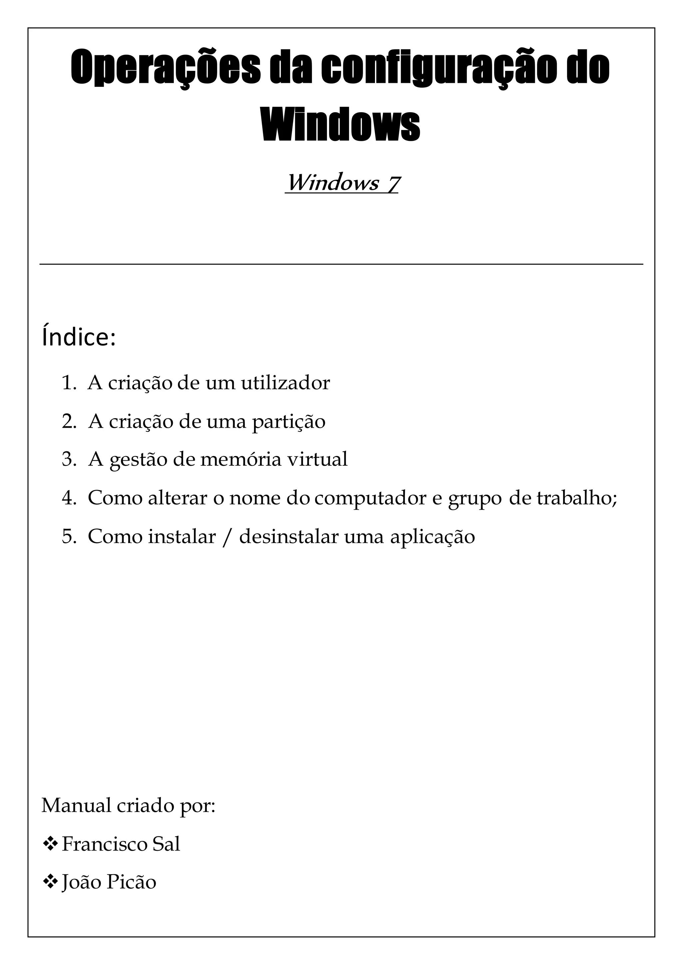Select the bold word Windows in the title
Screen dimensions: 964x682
coord(341,125)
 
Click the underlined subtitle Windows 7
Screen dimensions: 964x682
coord(341,183)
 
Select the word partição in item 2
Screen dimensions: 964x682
coord(288,421)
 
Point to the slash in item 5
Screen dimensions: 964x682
coord(227,537)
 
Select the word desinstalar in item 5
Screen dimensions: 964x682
coord(288,537)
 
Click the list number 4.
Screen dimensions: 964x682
coord(69,498)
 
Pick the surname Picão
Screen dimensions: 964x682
coord(131,882)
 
